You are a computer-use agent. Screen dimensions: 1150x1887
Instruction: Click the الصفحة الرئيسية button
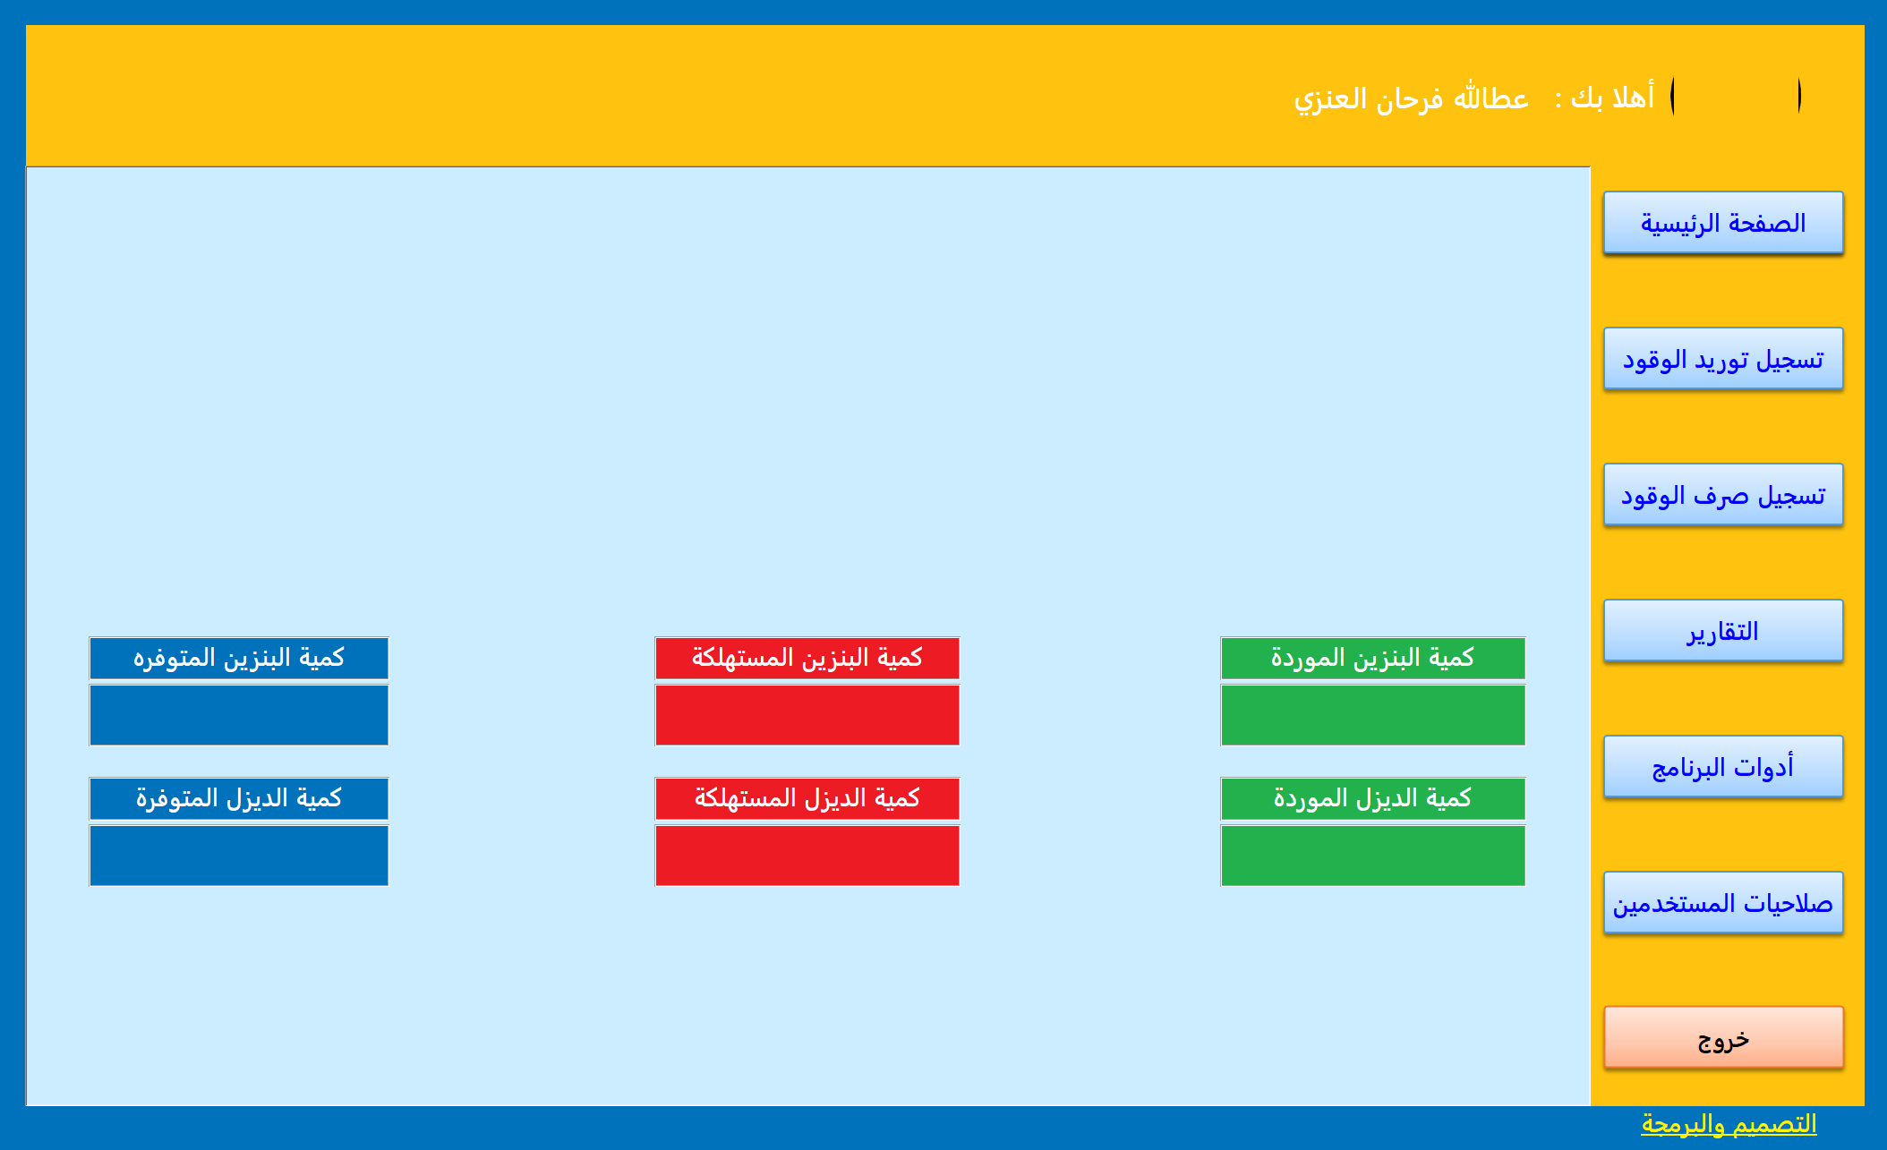1722,223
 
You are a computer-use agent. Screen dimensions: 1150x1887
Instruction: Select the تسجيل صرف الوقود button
1722,495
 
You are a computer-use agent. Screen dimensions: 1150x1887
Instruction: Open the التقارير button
1722,631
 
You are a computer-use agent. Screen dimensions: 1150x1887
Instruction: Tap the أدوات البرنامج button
1722,767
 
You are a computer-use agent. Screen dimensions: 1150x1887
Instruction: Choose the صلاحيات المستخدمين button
1722,903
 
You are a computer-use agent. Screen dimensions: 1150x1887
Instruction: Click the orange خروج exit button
1722,1038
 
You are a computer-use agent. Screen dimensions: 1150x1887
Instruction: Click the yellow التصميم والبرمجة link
1728,1123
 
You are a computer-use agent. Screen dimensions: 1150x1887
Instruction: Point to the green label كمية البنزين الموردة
1372,658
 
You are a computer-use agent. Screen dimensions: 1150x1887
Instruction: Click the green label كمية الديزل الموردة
1372,798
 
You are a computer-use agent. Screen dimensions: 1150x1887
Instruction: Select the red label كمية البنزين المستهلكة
807,658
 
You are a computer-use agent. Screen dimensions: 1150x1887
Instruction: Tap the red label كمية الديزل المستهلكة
807,798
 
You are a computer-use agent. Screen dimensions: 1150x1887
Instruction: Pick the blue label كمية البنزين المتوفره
238,658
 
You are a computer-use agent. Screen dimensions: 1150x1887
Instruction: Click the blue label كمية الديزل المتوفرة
238,798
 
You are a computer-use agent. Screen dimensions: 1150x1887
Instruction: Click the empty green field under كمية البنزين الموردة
1372,715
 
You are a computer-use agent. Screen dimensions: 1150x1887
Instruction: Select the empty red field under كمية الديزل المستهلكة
807,856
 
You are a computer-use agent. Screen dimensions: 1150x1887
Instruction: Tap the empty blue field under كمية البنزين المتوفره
238,715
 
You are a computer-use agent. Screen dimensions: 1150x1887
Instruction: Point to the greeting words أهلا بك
1611,97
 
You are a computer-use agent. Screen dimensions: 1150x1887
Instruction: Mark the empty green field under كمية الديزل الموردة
1372,856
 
